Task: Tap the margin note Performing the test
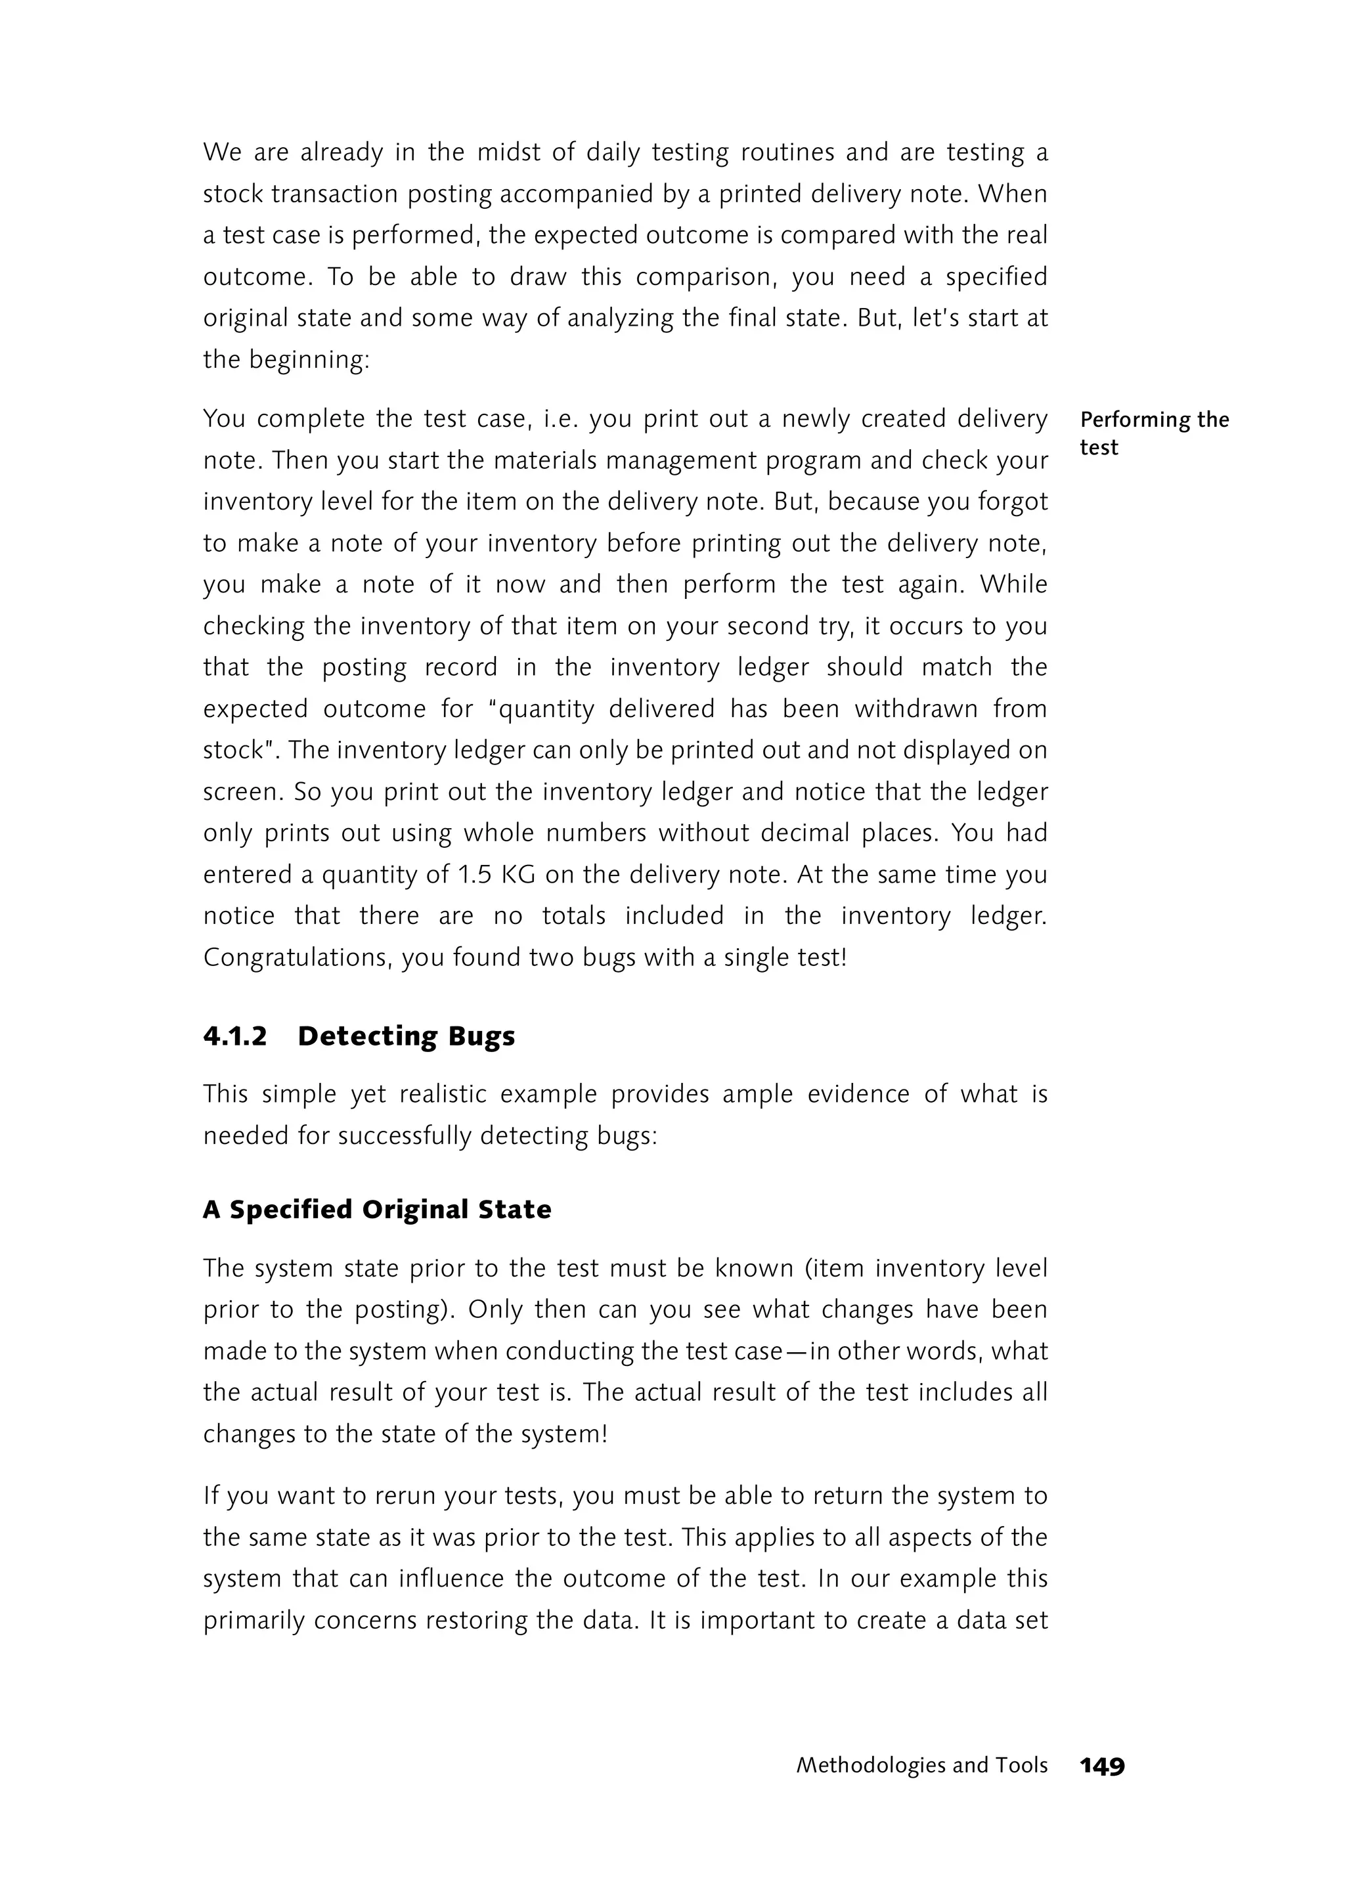1154,433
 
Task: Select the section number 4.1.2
235,1036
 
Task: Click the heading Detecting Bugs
406,1036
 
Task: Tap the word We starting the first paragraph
222,152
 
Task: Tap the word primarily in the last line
254,1620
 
